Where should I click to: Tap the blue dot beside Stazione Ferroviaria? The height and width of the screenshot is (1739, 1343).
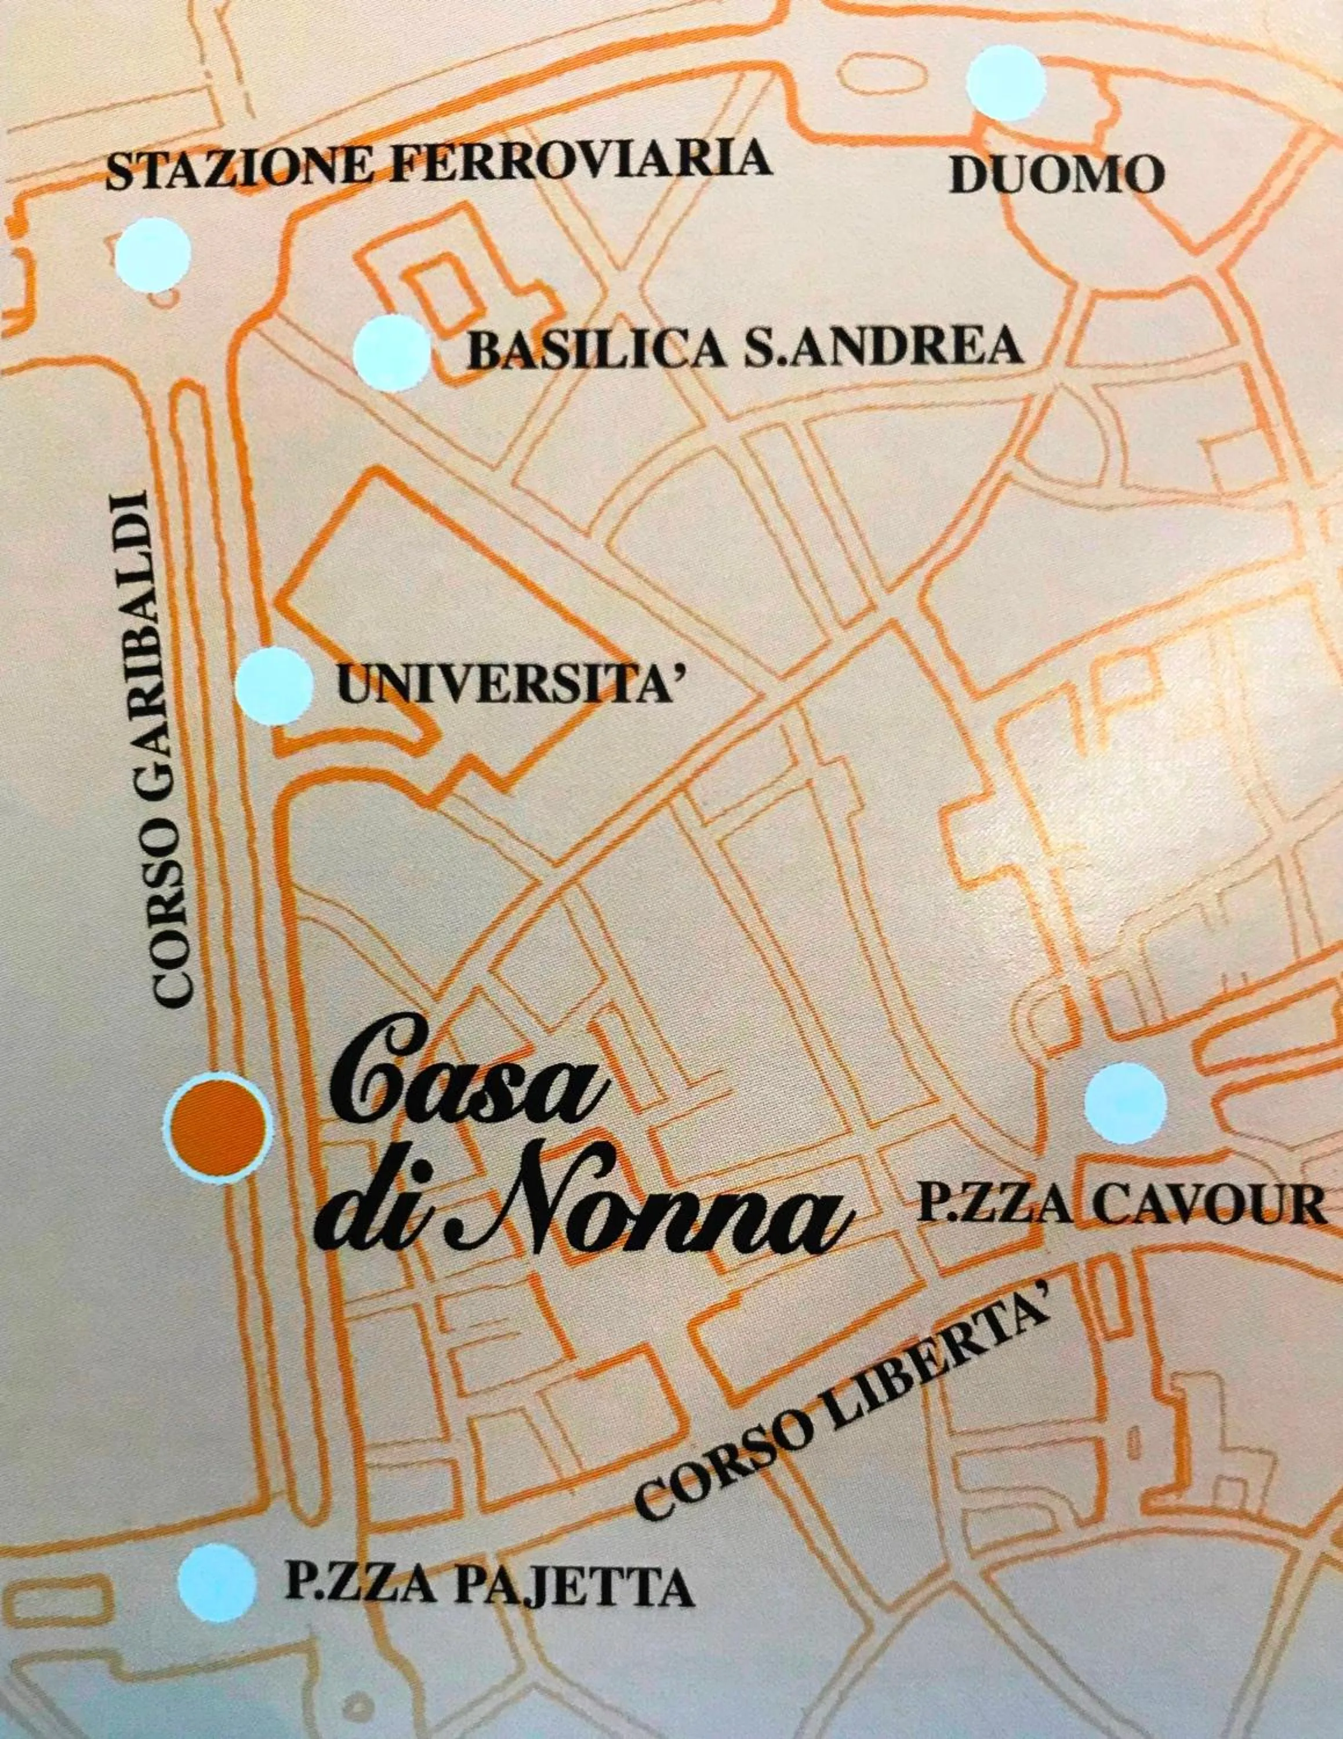coord(154,253)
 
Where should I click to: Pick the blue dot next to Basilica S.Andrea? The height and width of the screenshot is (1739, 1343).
coord(392,353)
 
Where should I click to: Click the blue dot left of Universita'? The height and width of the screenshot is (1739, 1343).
coord(275,686)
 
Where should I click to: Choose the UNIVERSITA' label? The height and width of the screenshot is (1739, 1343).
coord(511,684)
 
